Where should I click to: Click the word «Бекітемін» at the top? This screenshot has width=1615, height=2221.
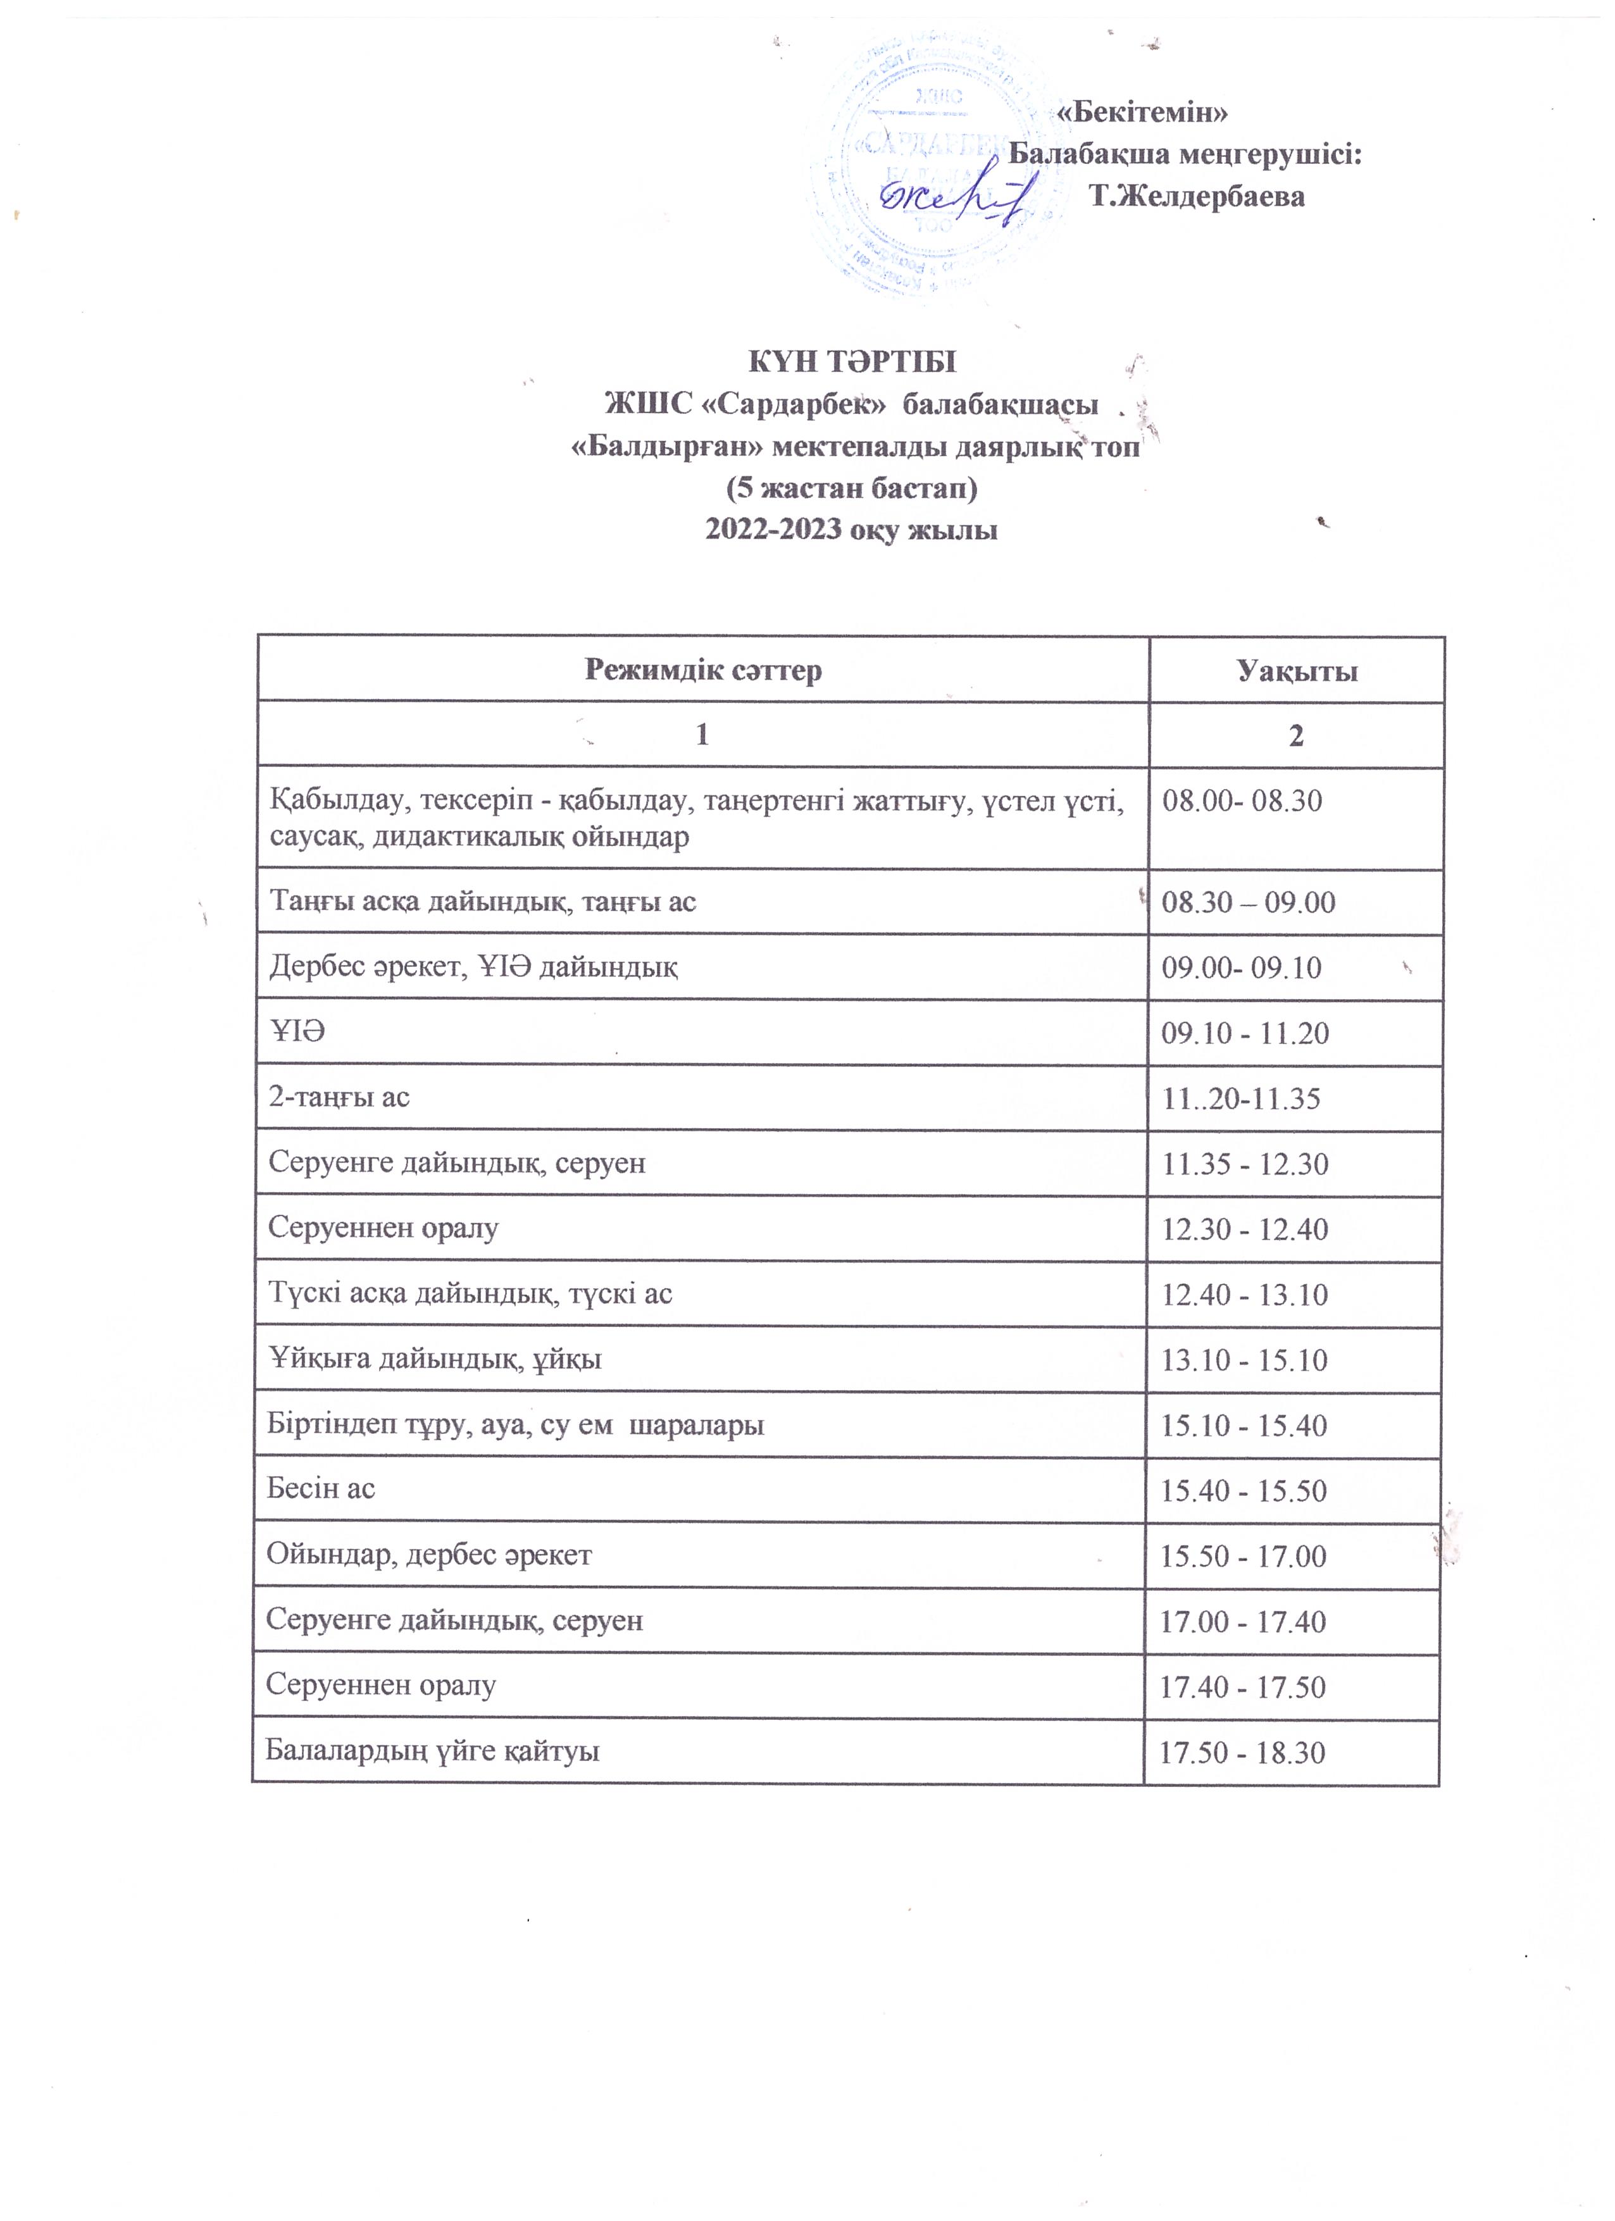click(x=1143, y=111)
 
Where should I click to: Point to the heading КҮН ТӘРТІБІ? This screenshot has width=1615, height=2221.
click(x=852, y=361)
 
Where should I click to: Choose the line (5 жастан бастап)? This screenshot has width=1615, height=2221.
click(x=851, y=488)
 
